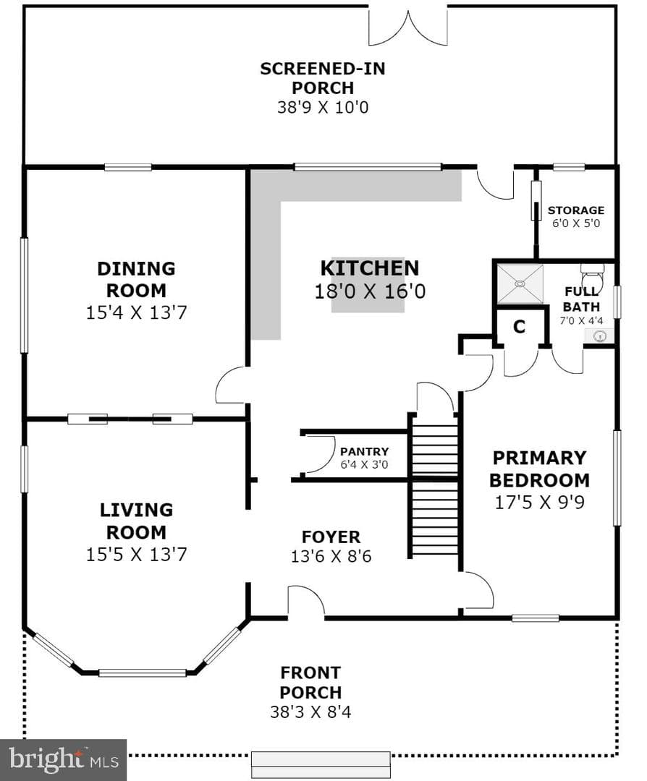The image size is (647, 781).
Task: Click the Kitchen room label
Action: (369, 268)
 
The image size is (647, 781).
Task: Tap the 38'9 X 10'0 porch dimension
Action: (323, 107)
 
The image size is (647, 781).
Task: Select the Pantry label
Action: (364, 452)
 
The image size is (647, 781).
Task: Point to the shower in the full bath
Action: (520, 283)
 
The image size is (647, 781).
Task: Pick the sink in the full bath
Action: (600, 337)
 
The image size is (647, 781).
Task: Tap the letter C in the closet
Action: (519, 327)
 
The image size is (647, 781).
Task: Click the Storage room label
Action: (576, 210)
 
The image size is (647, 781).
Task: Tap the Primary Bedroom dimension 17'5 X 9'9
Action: (539, 502)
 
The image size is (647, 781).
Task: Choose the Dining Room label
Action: (136, 279)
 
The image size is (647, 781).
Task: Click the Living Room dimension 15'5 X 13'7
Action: (136, 555)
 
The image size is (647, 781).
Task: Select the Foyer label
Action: (331, 537)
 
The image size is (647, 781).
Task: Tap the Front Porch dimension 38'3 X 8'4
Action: (310, 712)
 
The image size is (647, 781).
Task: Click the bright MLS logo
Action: (63, 760)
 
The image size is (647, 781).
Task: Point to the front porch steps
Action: (321, 765)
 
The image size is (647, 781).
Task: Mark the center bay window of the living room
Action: (143, 673)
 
